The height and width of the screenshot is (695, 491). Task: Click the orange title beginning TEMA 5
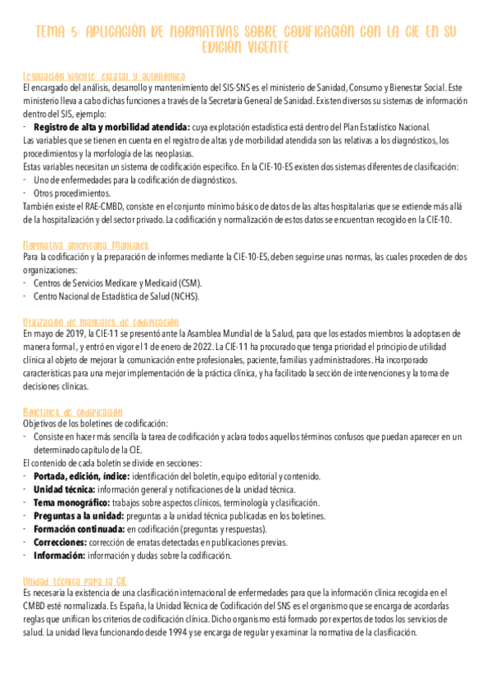tap(245, 39)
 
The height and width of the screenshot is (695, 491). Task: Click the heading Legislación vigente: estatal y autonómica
tap(104, 75)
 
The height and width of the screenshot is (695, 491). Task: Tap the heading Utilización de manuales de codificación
tap(101, 322)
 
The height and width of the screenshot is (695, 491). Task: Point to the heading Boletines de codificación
tap(73, 411)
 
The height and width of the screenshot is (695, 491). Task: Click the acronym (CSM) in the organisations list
tap(189, 283)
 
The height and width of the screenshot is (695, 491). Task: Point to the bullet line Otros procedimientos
tap(79, 193)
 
